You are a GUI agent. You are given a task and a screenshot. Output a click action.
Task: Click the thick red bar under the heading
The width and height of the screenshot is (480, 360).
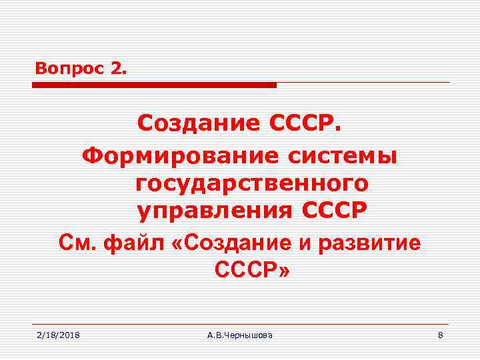tap(154, 85)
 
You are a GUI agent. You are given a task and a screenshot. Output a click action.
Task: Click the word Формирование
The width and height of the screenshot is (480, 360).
tap(180, 157)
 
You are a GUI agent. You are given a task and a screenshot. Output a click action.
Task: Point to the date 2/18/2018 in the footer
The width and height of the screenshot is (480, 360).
tap(58, 335)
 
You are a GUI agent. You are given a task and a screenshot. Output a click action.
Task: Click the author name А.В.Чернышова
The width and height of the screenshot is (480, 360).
tap(240, 335)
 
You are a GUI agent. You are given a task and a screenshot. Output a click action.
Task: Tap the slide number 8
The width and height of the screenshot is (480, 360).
tap(440, 335)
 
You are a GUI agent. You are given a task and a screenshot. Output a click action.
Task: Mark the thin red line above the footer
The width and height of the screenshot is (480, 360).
tap(240, 325)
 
